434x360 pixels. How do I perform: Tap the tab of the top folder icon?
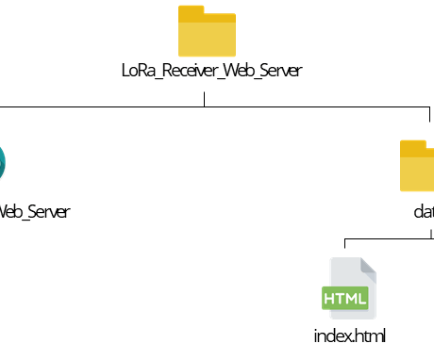pyautogui.click(x=192, y=12)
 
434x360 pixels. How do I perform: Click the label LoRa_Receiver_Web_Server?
pyautogui.click(x=211, y=71)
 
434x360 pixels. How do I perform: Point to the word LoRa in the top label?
pyautogui.click(x=138, y=71)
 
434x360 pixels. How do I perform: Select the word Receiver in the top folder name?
pyautogui.click(x=188, y=71)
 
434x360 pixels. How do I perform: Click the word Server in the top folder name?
pyautogui.click(x=280, y=71)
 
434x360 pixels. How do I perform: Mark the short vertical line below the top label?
pyautogui.click(x=205, y=97)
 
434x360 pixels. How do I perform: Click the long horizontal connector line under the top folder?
pyautogui.click(x=113, y=107)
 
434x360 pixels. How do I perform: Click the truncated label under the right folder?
pyautogui.click(x=423, y=211)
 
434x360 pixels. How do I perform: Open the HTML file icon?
pyautogui.click(x=348, y=287)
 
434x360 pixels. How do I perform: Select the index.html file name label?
pyautogui.click(x=349, y=335)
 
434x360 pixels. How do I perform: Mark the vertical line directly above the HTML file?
pyautogui.click(x=344, y=246)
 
